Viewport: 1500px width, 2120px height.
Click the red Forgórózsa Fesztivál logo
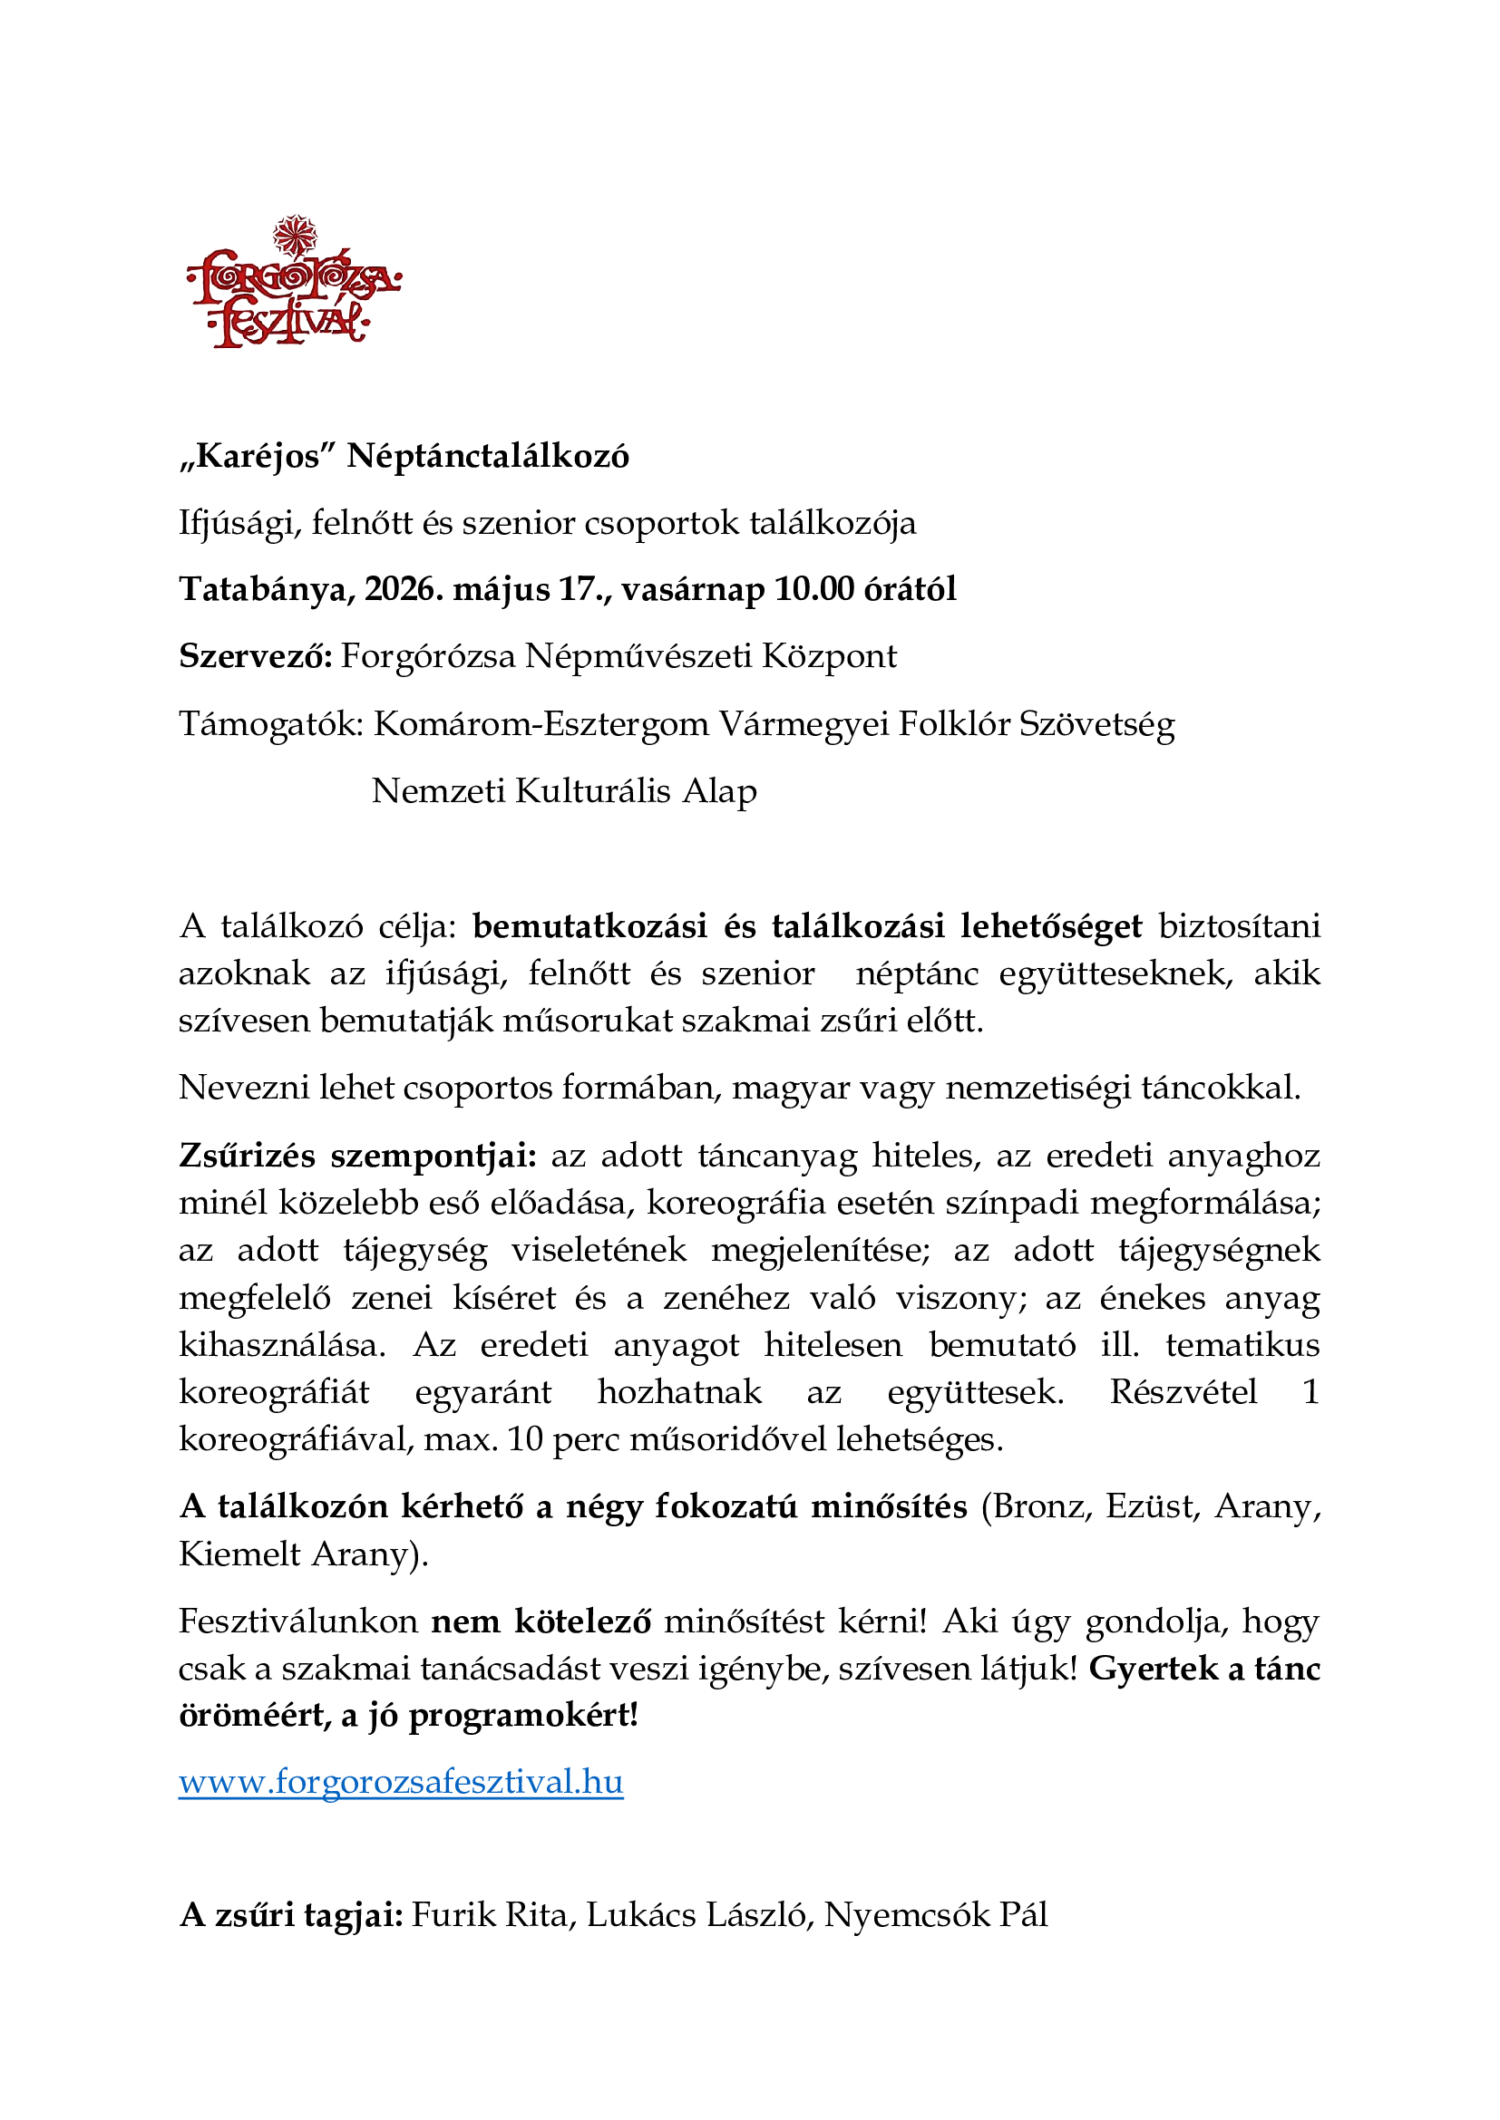coord(294,284)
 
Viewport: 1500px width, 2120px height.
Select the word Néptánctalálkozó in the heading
coord(488,456)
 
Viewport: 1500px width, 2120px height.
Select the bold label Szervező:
coord(255,656)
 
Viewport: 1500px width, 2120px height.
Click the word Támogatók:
coord(271,724)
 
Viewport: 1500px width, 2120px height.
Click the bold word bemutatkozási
coord(589,926)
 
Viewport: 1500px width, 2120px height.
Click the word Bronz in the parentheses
coord(1043,1507)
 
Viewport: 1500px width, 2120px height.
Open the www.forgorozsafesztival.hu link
coord(401,1781)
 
